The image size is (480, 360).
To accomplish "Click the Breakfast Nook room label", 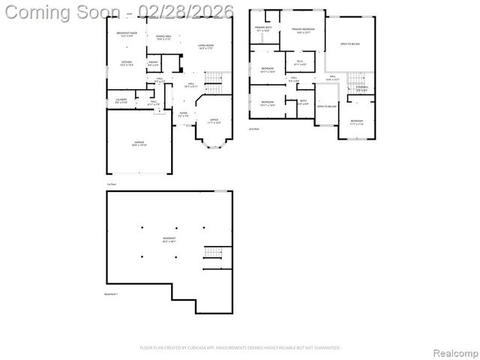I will click(x=127, y=34).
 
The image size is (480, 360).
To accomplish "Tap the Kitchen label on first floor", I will click(x=127, y=64).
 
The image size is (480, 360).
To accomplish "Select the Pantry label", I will click(x=153, y=64).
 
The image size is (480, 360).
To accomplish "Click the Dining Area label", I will click(x=164, y=37).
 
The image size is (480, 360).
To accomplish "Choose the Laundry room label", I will click(x=121, y=100).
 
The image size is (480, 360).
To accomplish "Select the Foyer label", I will click(x=183, y=115).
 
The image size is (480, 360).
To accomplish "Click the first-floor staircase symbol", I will click(x=215, y=79).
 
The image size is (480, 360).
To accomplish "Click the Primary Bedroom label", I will click(x=303, y=30).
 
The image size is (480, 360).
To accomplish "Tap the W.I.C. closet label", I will click(x=299, y=62).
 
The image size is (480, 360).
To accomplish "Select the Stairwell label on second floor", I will click(x=361, y=89).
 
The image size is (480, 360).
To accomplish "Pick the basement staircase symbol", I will click(x=213, y=255).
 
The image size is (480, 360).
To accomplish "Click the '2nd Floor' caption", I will click(x=254, y=129).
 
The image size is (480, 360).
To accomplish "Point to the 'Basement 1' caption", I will click(x=111, y=294).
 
